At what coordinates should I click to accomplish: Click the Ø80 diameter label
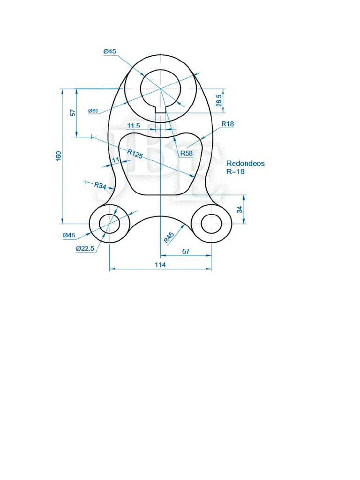coord(93,111)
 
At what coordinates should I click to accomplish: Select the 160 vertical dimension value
coord(59,156)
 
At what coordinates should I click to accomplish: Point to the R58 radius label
coord(187,153)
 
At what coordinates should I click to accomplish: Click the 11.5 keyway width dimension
coord(134,125)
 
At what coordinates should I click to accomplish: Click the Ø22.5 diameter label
coord(85,248)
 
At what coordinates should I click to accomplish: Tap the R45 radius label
coord(169,237)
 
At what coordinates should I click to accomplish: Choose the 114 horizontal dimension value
coord(160,264)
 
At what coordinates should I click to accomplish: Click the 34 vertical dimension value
coord(240,210)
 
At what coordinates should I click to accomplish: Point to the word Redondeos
coord(245,164)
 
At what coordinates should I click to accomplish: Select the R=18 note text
coord(235,172)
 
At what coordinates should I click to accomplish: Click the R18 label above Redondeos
coord(228,124)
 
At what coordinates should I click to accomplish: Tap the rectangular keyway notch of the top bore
coord(160,108)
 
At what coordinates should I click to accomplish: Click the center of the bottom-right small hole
coord(211,224)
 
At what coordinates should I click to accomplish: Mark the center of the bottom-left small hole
coord(109,224)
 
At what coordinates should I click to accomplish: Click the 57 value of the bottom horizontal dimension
coord(186,251)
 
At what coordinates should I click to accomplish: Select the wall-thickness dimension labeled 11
coord(116,160)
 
